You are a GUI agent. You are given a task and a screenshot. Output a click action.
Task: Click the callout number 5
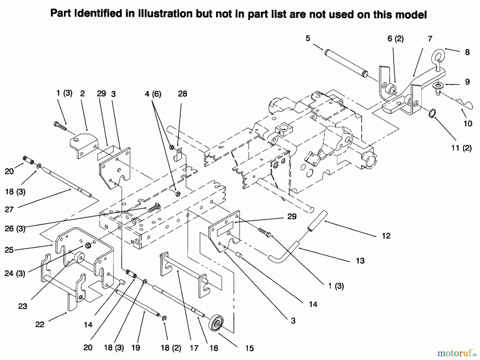tap(308, 38)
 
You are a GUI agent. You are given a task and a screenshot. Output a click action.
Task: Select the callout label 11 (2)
tap(461, 148)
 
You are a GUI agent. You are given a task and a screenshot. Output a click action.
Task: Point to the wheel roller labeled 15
tap(216, 324)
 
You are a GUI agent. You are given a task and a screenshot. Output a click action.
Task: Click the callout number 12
tap(386, 236)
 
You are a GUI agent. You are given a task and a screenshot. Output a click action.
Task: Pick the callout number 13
tap(360, 261)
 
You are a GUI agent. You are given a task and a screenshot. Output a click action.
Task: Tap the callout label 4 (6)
tap(153, 94)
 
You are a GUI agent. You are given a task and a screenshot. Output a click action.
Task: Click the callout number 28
tap(182, 94)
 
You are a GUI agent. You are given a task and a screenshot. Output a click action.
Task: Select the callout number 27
tap(9, 209)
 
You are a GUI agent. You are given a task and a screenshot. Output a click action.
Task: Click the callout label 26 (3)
tap(15, 229)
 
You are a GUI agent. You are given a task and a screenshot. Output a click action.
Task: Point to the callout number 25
tap(9, 250)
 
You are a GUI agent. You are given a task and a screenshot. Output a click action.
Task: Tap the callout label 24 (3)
tap(15, 273)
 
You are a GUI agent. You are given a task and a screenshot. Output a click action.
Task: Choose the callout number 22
tap(39, 325)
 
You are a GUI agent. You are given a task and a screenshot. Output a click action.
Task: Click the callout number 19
tap(136, 348)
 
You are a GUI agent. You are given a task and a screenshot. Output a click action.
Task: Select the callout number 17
tap(194, 348)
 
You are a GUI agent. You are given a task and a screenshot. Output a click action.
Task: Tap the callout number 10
tap(468, 123)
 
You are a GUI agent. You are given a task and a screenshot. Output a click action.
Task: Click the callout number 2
tap(82, 94)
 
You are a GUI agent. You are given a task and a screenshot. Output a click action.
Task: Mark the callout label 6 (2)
tap(395, 39)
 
